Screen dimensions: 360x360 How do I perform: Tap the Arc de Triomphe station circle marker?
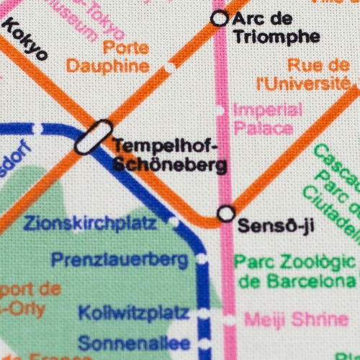[220, 19]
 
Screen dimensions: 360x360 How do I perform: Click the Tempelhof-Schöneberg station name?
[168, 155]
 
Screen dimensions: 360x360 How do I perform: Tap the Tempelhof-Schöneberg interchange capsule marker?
[94, 136]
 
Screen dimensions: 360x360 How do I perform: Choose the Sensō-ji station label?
[276, 226]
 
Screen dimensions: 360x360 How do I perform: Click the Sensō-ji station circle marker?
[226, 214]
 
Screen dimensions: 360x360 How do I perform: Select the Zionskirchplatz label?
[90, 224]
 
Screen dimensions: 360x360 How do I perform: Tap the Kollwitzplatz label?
[134, 314]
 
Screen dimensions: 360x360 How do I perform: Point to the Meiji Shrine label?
[297, 319]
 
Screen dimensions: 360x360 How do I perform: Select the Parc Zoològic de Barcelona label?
[295, 271]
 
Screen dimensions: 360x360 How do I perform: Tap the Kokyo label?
[25, 40]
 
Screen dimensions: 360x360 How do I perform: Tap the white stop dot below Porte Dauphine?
[170, 68]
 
